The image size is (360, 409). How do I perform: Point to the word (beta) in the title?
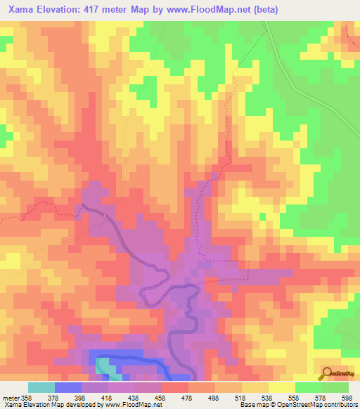pyautogui.click(x=267, y=10)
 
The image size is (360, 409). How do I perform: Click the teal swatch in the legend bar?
pyautogui.click(x=41, y=387)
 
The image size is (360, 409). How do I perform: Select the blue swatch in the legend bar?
pyautogui.click(x=68, y=387)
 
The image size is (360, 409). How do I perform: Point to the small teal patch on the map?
pyautogui.click(x=103, y=365)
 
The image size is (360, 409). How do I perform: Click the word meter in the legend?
pyautogui.click(x=12, y=397)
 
